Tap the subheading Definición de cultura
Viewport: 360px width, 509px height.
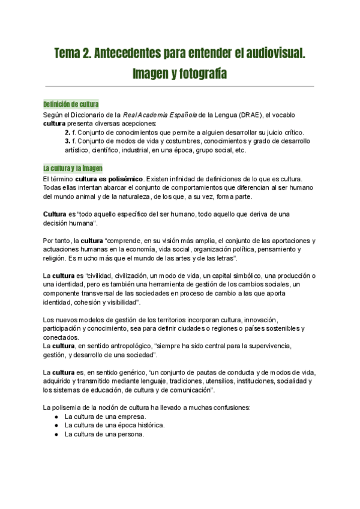click(x=71, y=104)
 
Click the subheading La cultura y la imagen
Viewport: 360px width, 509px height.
click(x=73, y=168)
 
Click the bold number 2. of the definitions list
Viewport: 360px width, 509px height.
click(x=68, y=132)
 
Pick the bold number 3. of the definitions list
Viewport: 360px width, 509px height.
click(x=68, y=141)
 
